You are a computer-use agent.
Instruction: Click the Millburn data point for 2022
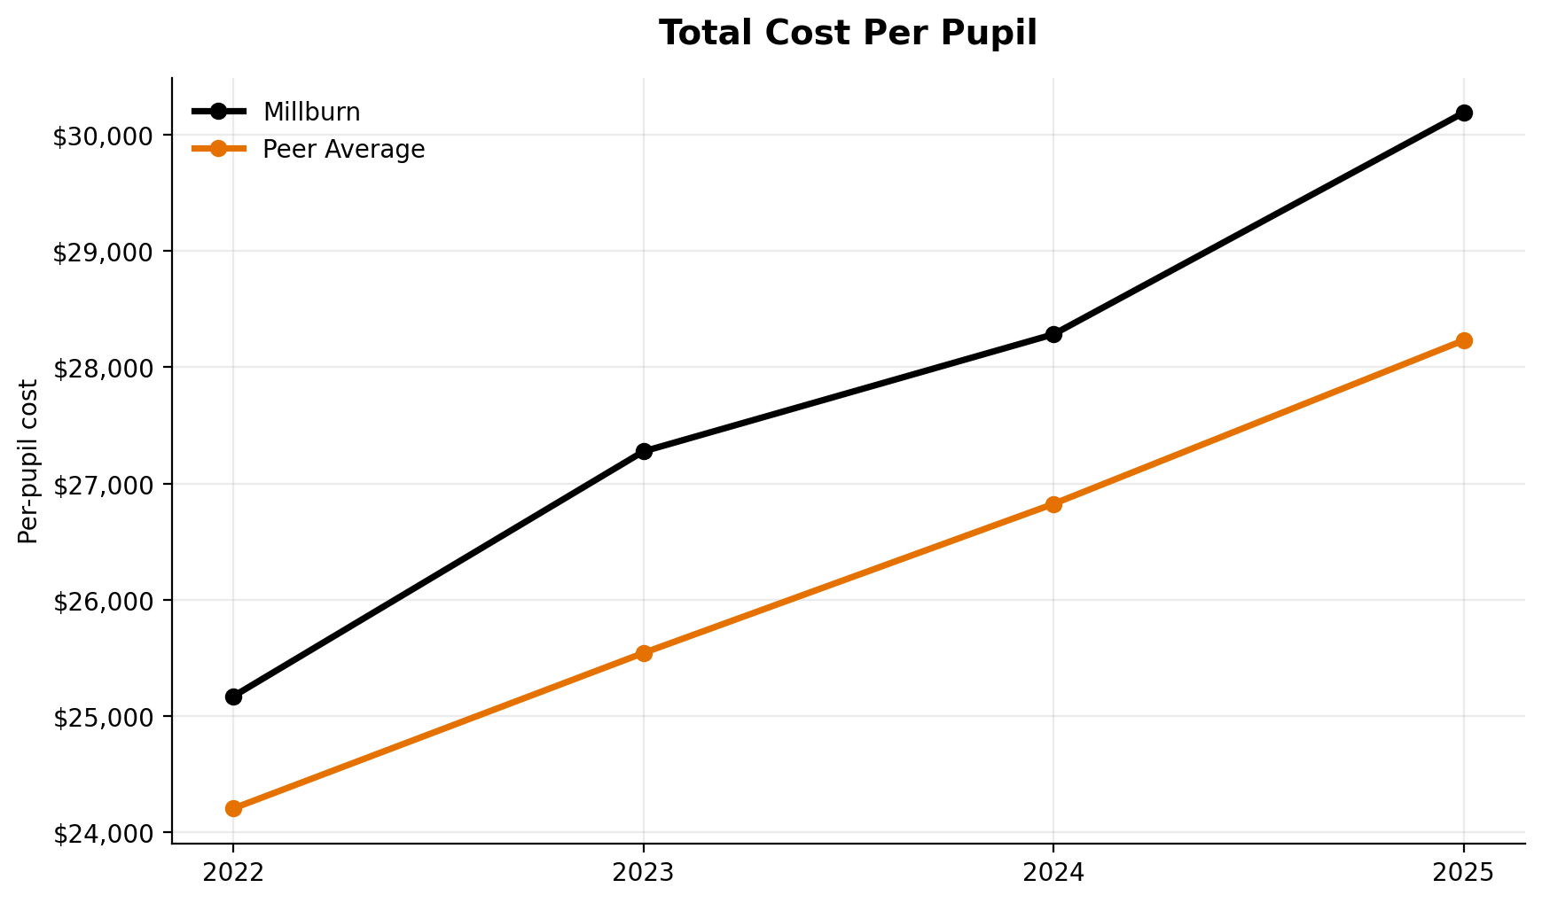[233, 697]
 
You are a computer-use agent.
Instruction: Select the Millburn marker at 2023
[644, 451]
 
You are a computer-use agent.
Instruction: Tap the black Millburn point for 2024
[1053, 334]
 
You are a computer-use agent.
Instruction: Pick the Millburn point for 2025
[1464, 113]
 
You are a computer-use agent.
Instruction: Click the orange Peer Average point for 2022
[233, 808]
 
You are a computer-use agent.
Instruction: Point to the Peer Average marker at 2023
[644, 653]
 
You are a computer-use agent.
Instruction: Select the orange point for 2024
[1053, 504]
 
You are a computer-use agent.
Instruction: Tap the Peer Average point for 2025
[1464, 340]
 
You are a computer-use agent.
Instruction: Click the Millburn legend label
[311, 113]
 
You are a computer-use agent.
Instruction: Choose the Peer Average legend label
[343, 150]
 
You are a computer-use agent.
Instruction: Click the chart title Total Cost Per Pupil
[848, 34]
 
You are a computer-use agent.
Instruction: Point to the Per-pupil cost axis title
[28, 461]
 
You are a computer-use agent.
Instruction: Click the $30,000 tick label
[102, 136]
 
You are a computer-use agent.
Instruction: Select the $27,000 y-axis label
[102, 485]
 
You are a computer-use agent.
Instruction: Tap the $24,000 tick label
[102, 834]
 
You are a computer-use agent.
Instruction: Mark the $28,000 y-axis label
[102, 369]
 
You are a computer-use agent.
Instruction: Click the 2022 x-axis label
[233, 873]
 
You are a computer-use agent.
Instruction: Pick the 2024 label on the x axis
[1053, 873]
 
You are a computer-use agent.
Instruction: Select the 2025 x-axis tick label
[1464, 873]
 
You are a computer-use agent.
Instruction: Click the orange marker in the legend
[218, 150]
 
